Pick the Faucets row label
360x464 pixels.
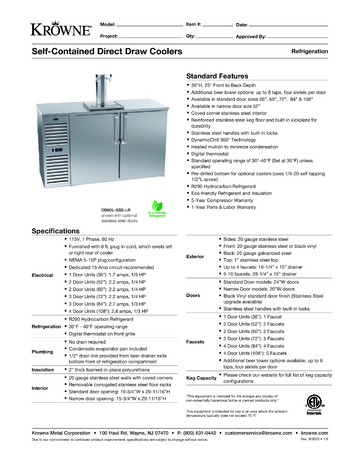[196, 341]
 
